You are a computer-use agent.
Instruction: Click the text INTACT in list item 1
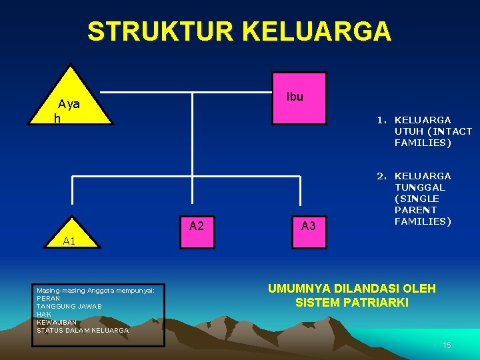(455, 131)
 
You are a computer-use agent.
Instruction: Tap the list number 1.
(380, 121)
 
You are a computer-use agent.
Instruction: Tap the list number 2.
(380, 176)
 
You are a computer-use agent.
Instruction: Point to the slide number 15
(447, 345)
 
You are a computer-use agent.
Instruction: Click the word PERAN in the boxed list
(48, 299)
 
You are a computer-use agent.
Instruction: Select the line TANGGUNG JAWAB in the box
(69, 307)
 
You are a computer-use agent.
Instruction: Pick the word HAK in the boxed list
(44, 315)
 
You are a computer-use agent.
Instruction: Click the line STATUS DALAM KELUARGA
(83, 331)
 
